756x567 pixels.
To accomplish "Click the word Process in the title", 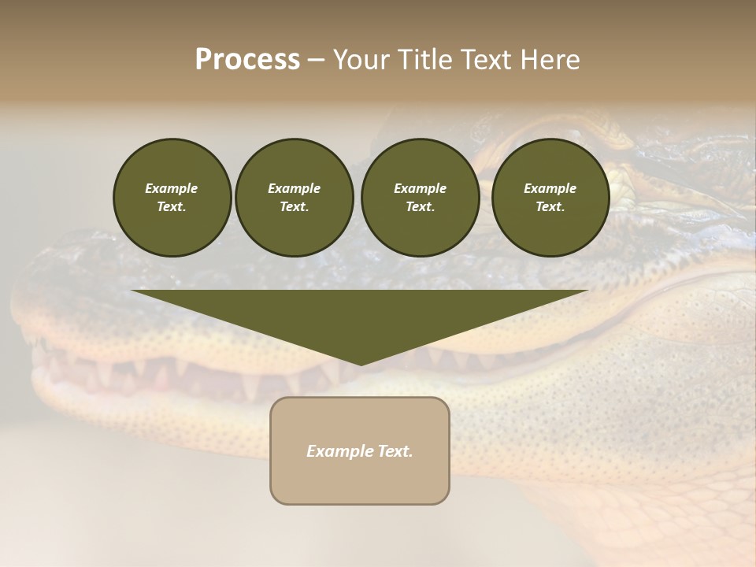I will pos(247,60).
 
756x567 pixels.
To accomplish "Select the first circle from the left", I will pos(172,198).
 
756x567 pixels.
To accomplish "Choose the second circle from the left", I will pos(294,198).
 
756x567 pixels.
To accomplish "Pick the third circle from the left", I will pos(420,198).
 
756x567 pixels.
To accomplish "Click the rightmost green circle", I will pos(550,198).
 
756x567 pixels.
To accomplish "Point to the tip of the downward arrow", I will pos(361,363).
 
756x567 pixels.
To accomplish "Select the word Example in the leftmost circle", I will pos(172,188).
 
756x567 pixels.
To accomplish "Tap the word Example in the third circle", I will pos(420,188).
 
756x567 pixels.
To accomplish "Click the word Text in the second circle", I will pos(293,207).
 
